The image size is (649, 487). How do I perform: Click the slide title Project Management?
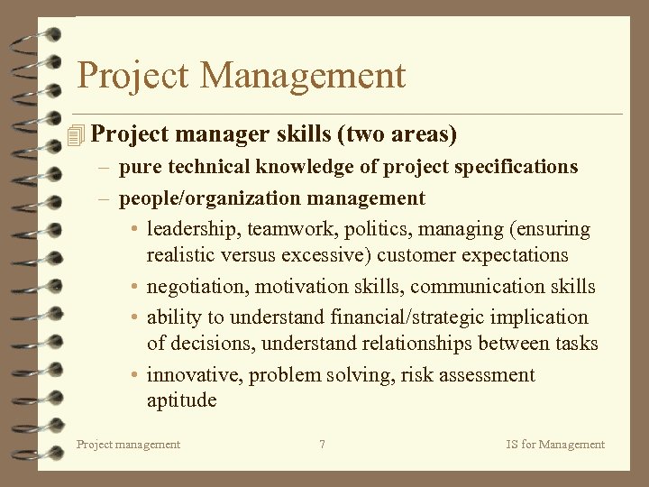pos(242,76)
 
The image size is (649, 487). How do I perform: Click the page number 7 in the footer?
pos(322,444)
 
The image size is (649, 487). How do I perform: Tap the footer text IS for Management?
pos(555,444)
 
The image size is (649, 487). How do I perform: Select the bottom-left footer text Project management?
pos(128,444)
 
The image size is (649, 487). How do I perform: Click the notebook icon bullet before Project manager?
pos(76,135)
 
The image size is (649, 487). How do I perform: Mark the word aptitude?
pos(181,400)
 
